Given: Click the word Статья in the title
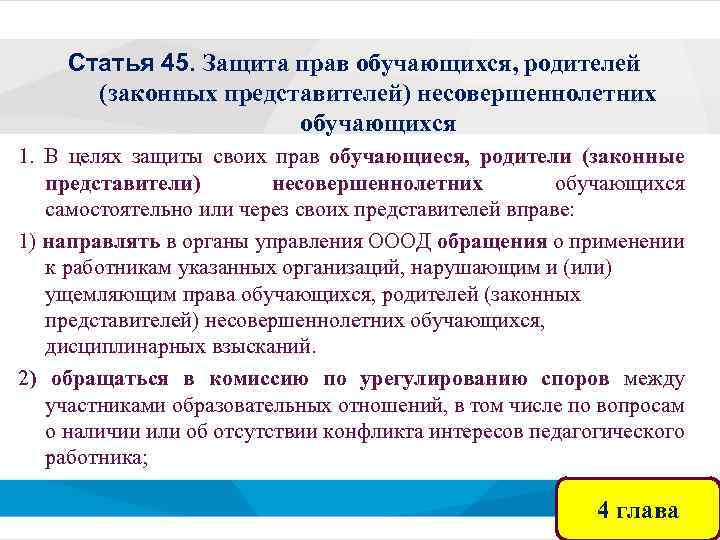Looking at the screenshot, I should click(110, 64).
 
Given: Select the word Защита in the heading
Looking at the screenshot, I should click(240, 64).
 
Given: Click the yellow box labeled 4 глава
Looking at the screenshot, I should click(637, 510).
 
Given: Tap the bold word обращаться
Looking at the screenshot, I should click(109, 379).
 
